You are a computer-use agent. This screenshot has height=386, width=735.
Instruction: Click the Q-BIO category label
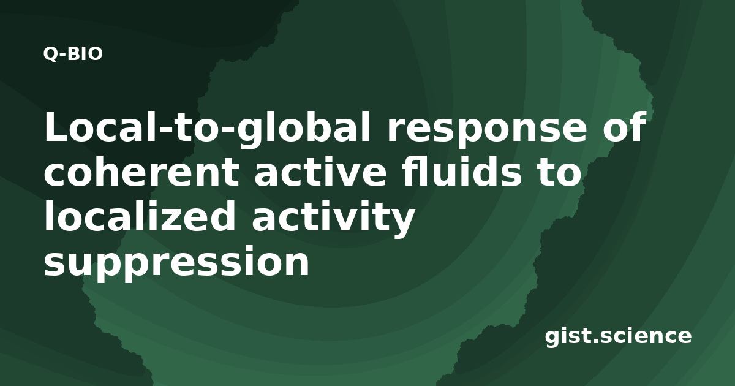[x=73, y=54]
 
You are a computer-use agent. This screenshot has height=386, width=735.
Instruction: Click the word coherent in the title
[x=141, y=172]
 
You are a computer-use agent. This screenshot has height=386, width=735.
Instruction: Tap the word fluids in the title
[x=462, y=172]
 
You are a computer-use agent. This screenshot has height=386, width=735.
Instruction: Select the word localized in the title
[x=140, y=216]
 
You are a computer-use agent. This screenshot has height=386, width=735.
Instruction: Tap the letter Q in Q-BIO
[x=50, y=54]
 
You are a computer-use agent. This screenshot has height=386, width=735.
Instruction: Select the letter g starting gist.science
[x=554, y=339]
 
